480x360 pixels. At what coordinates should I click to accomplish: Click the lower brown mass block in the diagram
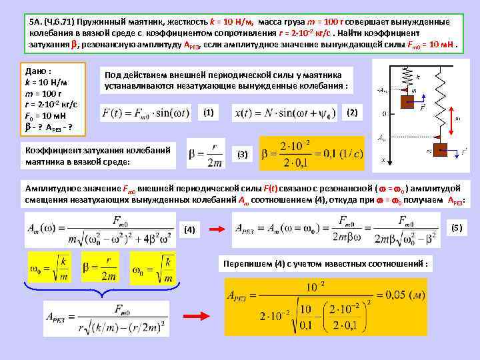click(x=436, y=151)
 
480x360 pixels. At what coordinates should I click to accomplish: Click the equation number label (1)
click(x=209, y=112)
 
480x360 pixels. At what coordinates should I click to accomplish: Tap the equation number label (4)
click(x=190, y=229)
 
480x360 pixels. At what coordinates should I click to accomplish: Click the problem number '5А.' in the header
click(x=36, y=21)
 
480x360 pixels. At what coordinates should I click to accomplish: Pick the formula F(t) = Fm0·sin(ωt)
click(x=147, y=113)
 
